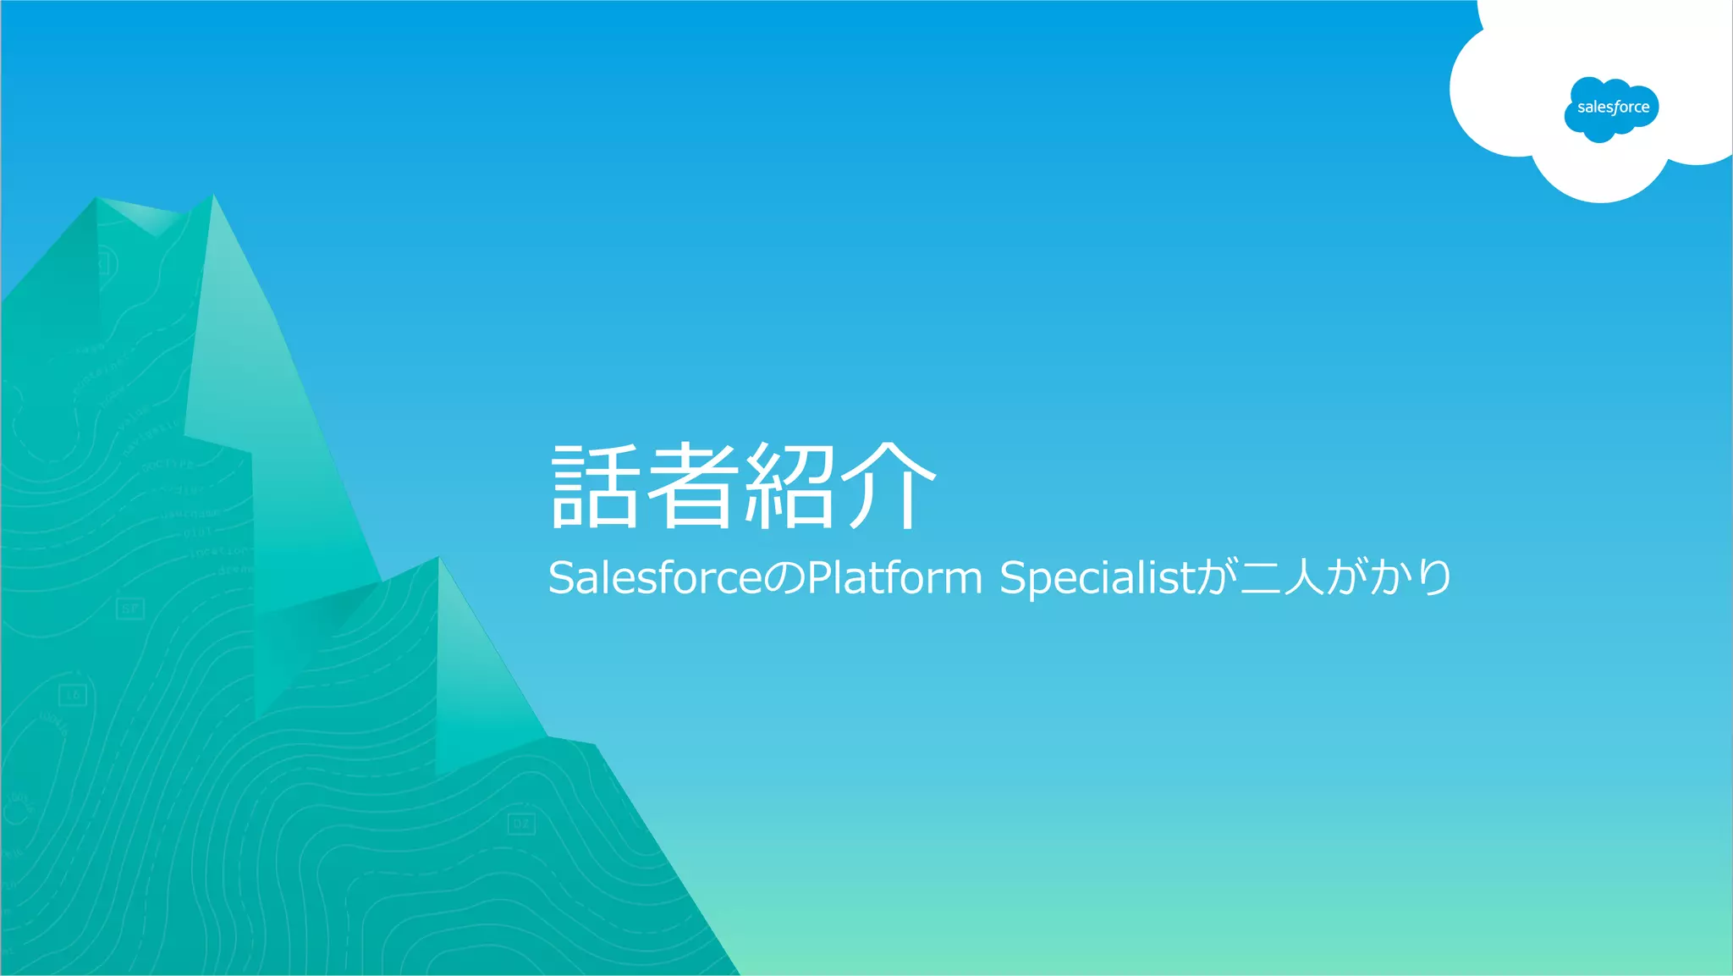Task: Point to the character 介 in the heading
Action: click(x=889, y=486)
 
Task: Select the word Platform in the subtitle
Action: click(x=894, y=578)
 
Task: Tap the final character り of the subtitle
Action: click(x=1435, y=578)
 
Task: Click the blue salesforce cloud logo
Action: click(x=1611, y=108)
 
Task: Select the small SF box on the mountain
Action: click(x=129, y=609)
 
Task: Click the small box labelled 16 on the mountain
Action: click(x=74, y=695)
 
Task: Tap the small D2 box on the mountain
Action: click(x=521, y=823)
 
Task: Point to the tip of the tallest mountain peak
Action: click(x=212, y=196)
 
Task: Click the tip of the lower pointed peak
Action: click(x=438, y=558)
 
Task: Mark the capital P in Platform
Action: click(x=819, y=578)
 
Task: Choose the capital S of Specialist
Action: click(x=1012, y=578)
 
